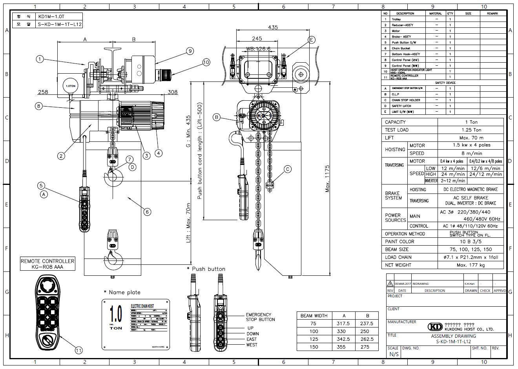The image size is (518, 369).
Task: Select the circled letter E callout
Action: [312, 40]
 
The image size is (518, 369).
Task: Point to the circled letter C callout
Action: [287, 169]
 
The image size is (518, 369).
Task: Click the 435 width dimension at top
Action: [273, 27]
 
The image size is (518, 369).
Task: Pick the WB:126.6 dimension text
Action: [259, 49]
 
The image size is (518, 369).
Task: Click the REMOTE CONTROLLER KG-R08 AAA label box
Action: [47, 264]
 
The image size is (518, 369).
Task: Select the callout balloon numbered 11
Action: [79, 350]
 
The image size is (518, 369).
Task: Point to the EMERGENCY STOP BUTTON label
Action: [258, 317]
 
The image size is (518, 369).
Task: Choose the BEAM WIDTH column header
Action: [314, 316]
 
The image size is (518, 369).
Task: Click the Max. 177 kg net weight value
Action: [471, 265]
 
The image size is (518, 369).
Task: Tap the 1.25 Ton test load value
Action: [471, 130]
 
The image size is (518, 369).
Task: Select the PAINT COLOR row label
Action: [399, 242]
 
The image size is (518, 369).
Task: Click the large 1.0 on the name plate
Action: [116, 314]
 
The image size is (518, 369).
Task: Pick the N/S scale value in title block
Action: [394, 354]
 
